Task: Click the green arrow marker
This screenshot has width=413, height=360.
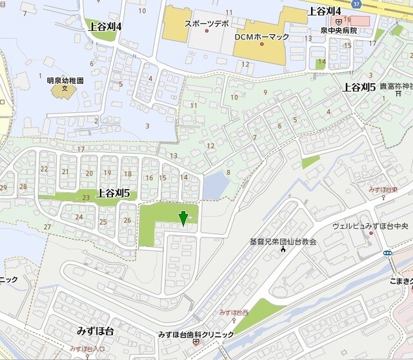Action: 183,218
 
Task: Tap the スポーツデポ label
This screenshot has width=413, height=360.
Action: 206,24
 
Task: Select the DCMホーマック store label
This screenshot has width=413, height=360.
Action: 261,37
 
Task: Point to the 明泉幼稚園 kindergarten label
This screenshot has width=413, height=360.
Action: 65,81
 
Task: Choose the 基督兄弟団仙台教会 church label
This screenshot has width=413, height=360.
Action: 283,242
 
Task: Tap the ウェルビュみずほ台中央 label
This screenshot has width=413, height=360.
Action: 371,226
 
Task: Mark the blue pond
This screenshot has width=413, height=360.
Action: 215,187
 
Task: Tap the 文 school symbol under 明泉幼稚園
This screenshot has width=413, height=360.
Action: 65,90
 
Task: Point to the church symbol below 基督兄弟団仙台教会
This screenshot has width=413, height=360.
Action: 283,250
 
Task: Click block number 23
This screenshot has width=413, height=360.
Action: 86,197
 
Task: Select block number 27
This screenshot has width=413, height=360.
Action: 47,226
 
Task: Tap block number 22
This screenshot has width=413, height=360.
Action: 44,169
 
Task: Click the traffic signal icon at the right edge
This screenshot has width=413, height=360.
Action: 387,253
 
